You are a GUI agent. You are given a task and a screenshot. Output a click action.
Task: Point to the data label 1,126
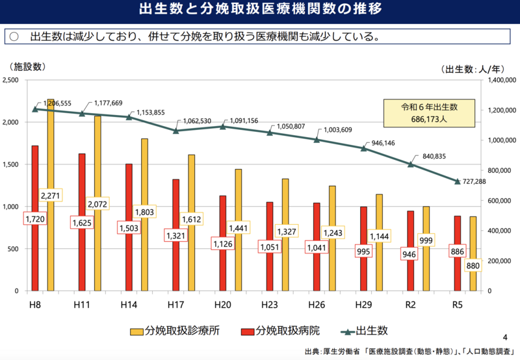(x=222, y=244)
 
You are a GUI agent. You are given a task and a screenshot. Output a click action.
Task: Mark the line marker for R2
(x=411, y=164)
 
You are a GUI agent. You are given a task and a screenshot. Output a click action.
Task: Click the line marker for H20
(x=222, y=126)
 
